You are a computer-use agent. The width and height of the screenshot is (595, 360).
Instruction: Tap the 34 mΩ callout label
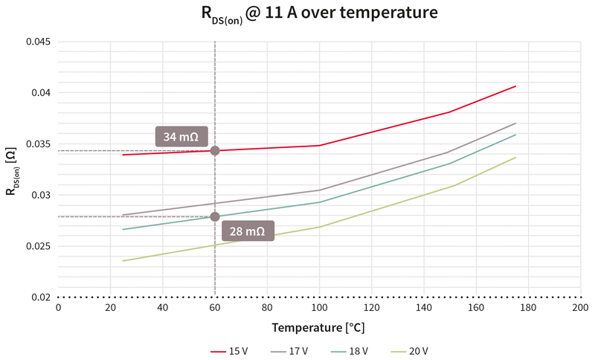point(181,137)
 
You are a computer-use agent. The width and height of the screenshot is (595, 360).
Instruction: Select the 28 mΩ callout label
point(247,231)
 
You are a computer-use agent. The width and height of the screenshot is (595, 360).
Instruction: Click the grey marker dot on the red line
point(215,151)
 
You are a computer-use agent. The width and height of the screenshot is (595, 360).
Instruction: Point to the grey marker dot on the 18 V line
point(215,216)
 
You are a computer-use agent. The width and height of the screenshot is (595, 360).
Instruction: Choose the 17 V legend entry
point(292,350)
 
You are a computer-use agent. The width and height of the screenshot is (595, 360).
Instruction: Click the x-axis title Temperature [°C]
point(318,327)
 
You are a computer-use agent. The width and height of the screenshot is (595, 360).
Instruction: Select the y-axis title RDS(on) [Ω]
point(12,170)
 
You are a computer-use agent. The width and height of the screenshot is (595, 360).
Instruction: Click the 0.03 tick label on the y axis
point(41,196)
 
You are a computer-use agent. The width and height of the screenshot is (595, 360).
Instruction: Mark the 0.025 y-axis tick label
point(39,246)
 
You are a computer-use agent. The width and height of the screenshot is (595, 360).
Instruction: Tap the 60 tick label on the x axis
point(215,307)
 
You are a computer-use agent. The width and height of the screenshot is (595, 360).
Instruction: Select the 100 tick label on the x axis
point(319,307)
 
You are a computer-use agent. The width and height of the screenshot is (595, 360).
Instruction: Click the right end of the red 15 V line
point(515,86)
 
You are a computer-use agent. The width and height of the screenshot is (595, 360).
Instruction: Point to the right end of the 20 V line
point(515,157)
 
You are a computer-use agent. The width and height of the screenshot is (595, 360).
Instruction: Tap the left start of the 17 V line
point(123,215)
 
